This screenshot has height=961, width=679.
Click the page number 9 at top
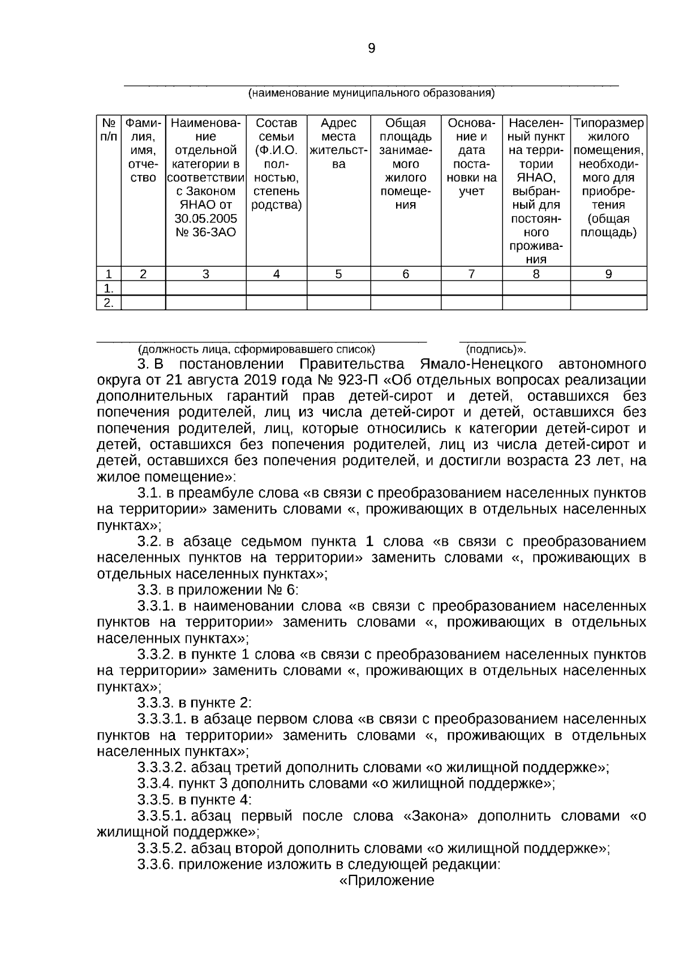point(371,49)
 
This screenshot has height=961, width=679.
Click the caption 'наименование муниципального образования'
point(371,93)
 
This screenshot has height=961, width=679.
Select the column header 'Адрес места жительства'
point(338,144)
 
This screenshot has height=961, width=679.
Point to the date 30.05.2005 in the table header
point(205,219)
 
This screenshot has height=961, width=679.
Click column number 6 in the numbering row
point(406,274)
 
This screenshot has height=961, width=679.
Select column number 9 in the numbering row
point(608,274)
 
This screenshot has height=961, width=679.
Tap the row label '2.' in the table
point(109,303)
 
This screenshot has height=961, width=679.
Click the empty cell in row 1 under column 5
point(338,288)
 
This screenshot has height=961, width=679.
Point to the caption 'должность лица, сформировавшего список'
point(257,349)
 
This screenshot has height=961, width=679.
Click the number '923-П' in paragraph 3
point(342,379)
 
